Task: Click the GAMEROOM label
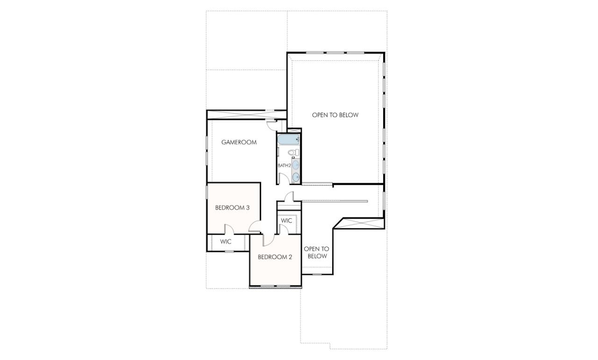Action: pyautogui.click(x=239, y=142)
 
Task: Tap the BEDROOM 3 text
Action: pyautogui.click(x=232, y=208)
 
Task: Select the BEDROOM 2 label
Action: pyautogui.click(x=275, y=257)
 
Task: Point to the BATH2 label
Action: pyautogui.click(x=284, y=166)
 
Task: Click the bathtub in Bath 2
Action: pyautogui.click(x=288, y=139)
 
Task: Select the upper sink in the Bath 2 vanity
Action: pyautogui.click(x=295, y=165)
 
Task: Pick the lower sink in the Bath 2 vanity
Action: pyautogui.click(x=295, y=177)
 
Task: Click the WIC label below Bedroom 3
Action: pyautogui.click(x=226, y=242)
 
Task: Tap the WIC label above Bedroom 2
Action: pyautogui.click(x=286, y=220)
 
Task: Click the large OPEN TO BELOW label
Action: pyautogui.click(x=335, y=115)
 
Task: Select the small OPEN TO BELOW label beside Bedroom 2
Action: pyautogui.click(x=316, y=252)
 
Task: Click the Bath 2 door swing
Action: pyautogui.click(x=283, y=179)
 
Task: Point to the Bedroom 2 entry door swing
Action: pyautogui.click(x=268, y=240)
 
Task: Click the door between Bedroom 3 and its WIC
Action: pyautogui.click(x=229, y=229)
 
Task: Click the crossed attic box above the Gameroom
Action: pyautogui.click(x=246, y=114)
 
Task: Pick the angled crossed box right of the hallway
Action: pyautogui.click(x=360, y=223)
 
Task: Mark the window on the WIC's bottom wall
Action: pyautogui.click(x=229, y=252)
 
